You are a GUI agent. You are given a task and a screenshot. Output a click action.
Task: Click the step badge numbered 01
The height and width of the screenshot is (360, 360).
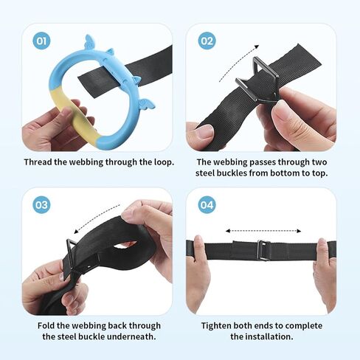(41, 41)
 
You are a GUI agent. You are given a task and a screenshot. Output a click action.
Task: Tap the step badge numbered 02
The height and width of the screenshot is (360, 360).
(207, 41)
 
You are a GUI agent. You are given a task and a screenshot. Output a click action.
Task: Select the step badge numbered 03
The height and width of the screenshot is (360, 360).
(41, 204)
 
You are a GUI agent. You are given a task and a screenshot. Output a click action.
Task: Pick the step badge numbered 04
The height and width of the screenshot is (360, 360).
(207, 204)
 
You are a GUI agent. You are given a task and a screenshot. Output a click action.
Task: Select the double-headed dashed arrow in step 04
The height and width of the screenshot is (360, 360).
(263, 231)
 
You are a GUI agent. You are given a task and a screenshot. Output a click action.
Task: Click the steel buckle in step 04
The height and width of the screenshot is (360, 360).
(263, 250)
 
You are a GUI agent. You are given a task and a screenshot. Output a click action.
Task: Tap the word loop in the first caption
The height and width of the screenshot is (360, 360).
(164, 162)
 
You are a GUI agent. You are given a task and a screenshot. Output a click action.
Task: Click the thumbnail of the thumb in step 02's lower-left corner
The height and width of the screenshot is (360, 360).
(204, 132)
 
